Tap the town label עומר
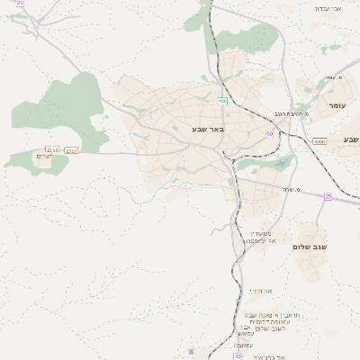[337, 106]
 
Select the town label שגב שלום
[310, 246]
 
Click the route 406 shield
[221, 101]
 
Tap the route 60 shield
[269, 133]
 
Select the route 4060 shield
[319, 141]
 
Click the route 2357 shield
[72, 150]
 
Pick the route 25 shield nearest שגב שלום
[328, 196]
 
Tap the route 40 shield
[238, 356]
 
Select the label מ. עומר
[336, 77]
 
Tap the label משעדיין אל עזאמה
[261, 237]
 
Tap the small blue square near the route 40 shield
[191, 352]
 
